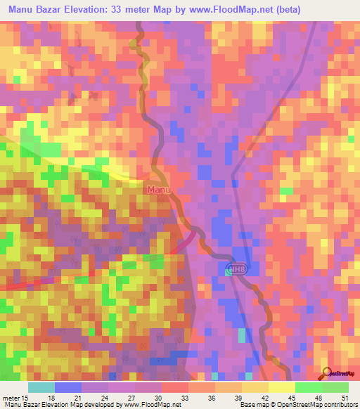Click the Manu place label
point(158,190)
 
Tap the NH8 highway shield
point(238,269)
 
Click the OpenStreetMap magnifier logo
point(328,373)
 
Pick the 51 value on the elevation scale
point(344,397)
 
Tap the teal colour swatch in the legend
point(41,387)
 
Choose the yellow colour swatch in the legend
point(281,387)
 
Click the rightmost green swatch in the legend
point(335,387)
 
